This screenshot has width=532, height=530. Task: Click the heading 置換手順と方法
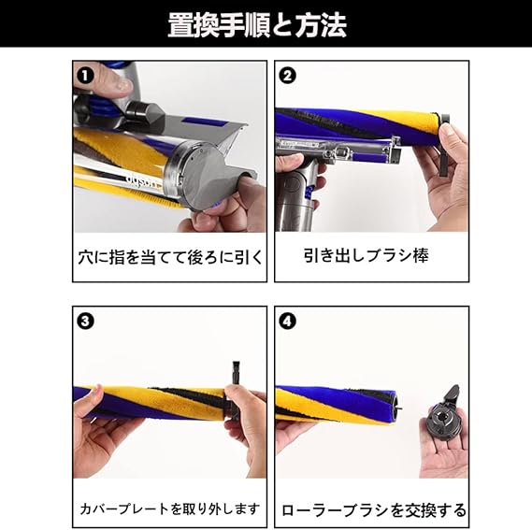257,25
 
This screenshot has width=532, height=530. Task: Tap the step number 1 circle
85,76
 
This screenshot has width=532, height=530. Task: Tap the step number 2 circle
287,76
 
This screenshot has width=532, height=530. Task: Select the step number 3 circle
85,321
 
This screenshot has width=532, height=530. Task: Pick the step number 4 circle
287,321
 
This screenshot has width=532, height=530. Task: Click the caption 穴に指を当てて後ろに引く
170,257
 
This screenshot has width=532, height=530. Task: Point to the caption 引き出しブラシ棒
367,255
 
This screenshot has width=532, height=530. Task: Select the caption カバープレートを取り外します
170,509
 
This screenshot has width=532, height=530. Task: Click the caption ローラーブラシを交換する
374,510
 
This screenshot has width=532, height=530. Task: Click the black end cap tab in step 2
443,147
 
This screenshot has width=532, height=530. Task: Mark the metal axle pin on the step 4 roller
400,406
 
